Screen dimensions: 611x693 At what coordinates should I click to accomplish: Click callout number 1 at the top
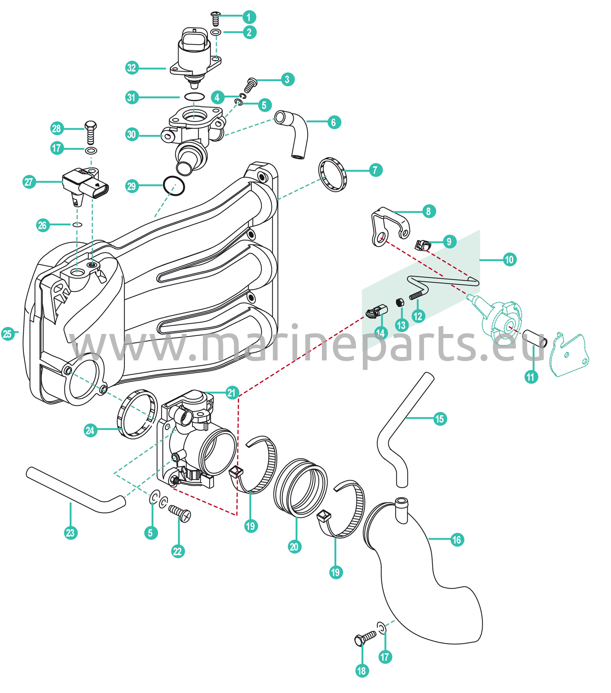click(x=249, y=17)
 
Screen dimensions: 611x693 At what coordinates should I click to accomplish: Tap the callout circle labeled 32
click(x=132, y=68)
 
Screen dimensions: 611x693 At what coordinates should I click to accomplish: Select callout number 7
click(x=375, y=170)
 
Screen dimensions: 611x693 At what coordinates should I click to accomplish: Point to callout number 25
click(x=7, y=334)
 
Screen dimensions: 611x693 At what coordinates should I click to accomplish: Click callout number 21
click(x=232, y=393)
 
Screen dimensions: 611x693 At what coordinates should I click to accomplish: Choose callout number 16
click(x=457, y=540)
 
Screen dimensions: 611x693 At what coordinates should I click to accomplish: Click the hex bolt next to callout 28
click(x=91, y=132)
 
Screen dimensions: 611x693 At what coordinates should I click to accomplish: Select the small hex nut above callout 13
click(x=400, y=302)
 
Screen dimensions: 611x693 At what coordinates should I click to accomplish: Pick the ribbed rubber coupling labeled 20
click(x=300, y=488)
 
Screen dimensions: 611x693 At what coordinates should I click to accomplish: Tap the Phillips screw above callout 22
click(x=180, y=513)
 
